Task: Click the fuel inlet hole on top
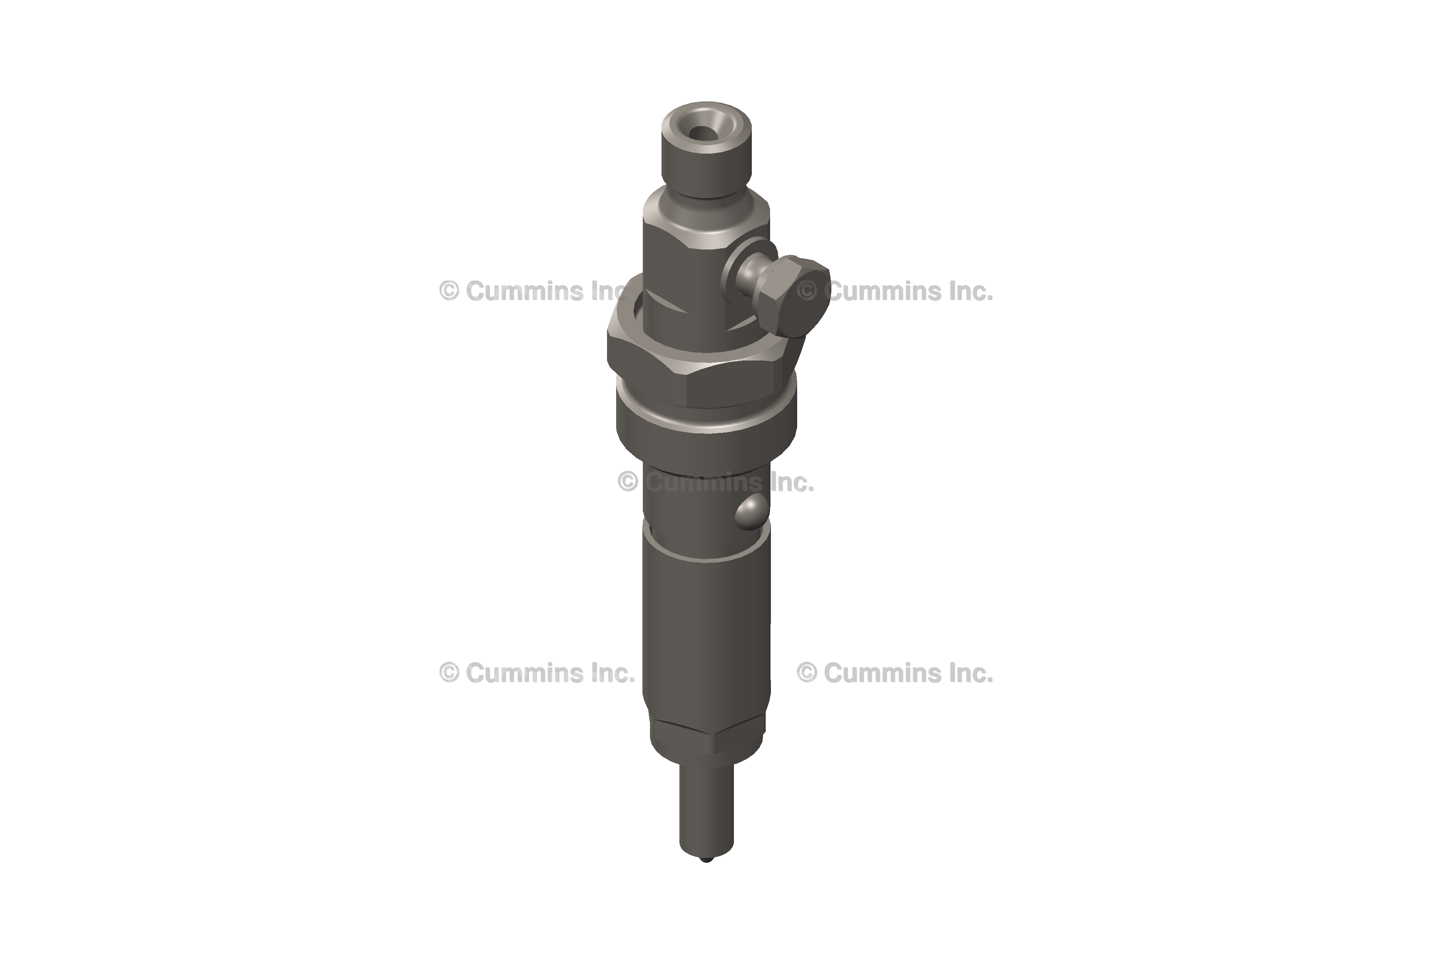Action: coord(704,133)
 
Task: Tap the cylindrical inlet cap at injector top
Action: coord(706,149)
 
